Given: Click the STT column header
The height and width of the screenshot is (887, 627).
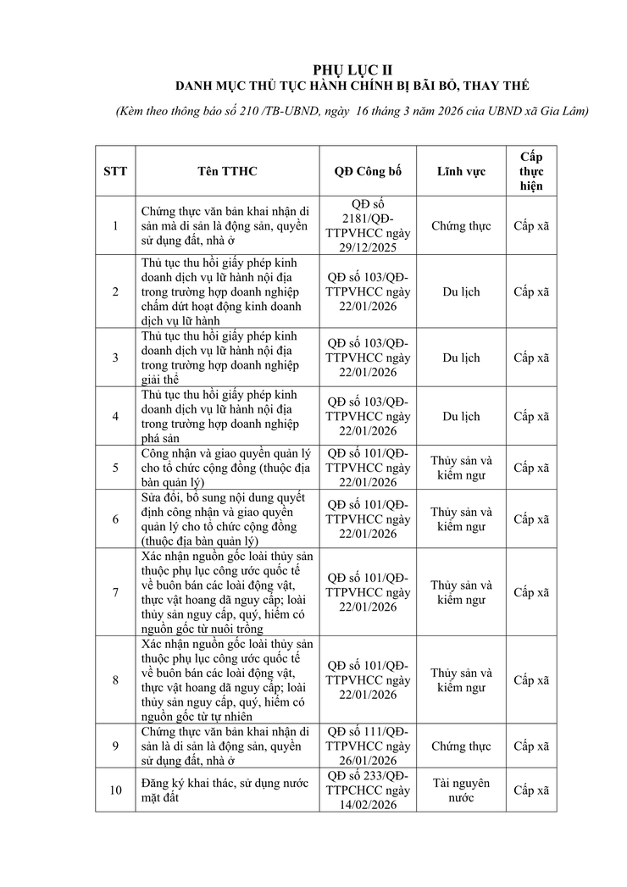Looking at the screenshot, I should pos(115,171).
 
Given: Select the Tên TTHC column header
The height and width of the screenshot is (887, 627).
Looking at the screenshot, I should pos(227,171).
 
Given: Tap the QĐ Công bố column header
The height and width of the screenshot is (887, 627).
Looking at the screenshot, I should pos(368,171).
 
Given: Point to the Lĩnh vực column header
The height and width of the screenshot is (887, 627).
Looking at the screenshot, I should pos(461,171).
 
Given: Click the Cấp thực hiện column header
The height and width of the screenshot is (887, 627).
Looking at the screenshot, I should pos(531,171).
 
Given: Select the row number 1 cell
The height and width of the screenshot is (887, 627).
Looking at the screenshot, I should pos(115,226).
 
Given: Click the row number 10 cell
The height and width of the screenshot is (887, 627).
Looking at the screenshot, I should pos(115,790).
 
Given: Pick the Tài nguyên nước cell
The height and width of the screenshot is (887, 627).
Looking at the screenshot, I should pos(461,790).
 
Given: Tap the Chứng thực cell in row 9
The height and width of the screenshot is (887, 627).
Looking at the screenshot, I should pos(461,746).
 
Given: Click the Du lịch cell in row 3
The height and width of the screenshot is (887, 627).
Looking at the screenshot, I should pos(461,358).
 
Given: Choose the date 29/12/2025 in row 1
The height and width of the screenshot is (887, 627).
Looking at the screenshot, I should pos(368,247).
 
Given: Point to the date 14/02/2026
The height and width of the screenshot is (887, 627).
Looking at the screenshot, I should pos(368,805).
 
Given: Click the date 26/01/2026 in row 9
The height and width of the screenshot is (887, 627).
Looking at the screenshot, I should pos(368,761).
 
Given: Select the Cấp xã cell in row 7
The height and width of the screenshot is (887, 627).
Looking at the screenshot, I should pos(531,592).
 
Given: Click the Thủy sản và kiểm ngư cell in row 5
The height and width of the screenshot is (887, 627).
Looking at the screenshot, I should pos(461,468).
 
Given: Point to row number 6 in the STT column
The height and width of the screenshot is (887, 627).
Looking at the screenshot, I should pos(115,519).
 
